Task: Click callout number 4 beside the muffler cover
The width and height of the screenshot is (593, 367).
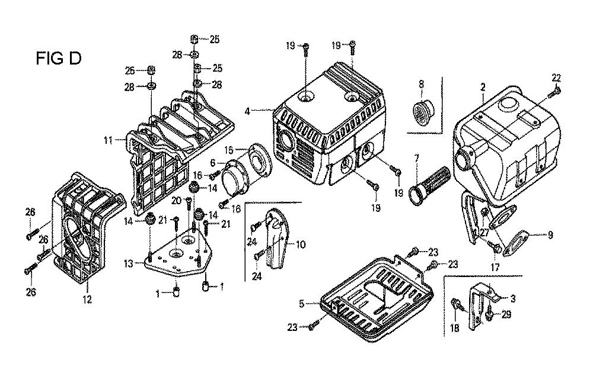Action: click(247, 110)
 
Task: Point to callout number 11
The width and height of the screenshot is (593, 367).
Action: click(108, 141)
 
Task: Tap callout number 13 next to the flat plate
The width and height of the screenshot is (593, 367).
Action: click(127, 263)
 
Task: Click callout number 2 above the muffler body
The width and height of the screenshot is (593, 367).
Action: click(483, 88)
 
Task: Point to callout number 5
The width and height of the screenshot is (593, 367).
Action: click(302, 304)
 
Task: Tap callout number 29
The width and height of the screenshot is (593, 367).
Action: click(506, 315)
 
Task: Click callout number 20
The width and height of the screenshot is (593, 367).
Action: click(176, 201)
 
